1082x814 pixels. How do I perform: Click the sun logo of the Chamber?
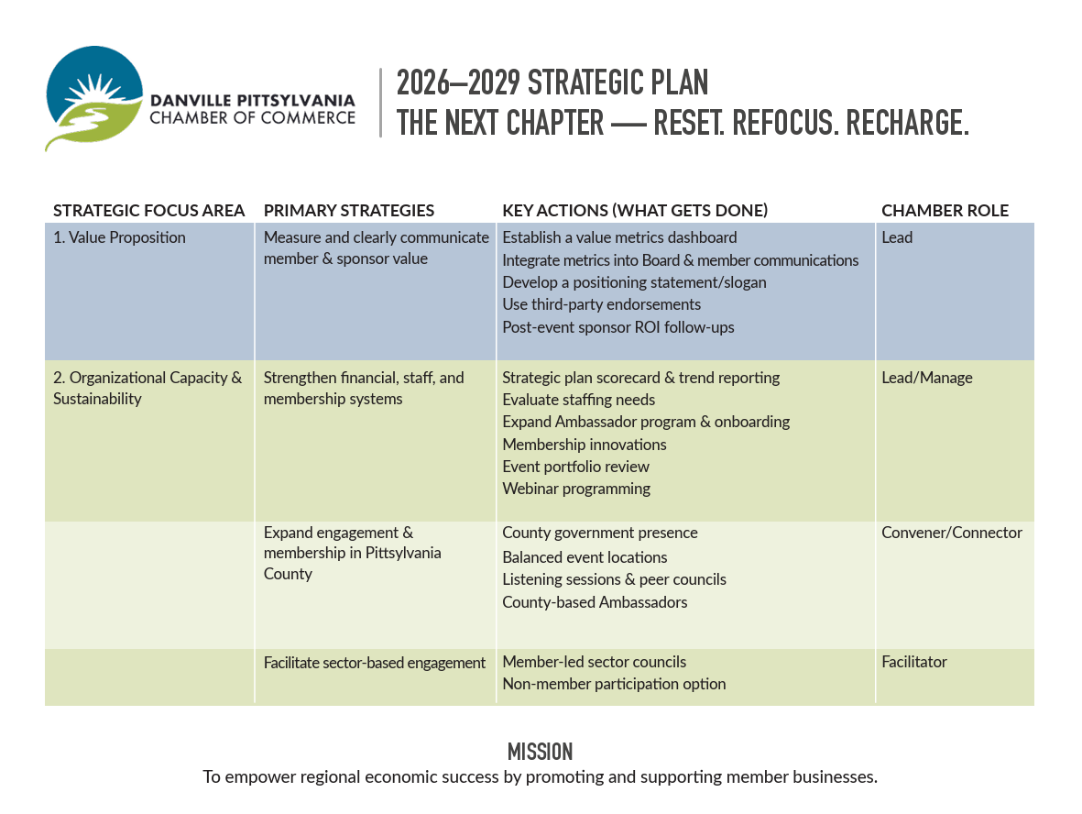coord(94,97)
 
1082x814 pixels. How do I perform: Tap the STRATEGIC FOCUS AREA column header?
coord(148,211)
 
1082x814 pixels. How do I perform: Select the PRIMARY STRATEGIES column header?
coord(349,211)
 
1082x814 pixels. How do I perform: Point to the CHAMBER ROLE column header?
coord(945,211)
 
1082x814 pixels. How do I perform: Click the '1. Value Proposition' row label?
coord(119,237)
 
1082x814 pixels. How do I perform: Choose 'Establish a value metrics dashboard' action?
coord(619,237)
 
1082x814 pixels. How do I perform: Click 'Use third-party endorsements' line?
coord(602,304)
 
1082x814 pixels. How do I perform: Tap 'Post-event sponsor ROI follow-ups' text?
coord(618,327)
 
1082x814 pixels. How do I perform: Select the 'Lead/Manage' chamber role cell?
coord(927,378)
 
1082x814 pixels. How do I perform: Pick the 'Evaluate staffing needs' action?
coord(579,400)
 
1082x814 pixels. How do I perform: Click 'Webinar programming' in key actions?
coord(576,489)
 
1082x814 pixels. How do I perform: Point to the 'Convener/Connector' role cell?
coord(952,533)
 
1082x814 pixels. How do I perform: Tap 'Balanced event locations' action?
coord(585,557)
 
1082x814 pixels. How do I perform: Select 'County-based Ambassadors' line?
coord(595,602)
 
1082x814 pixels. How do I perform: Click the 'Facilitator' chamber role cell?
coord(914,662)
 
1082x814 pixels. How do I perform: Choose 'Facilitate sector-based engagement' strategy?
coord(375,663)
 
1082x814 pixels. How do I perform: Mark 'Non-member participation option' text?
coord(614,684)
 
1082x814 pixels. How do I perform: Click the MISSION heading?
coord(541,753)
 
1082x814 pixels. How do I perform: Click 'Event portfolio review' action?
coord(575,467)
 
